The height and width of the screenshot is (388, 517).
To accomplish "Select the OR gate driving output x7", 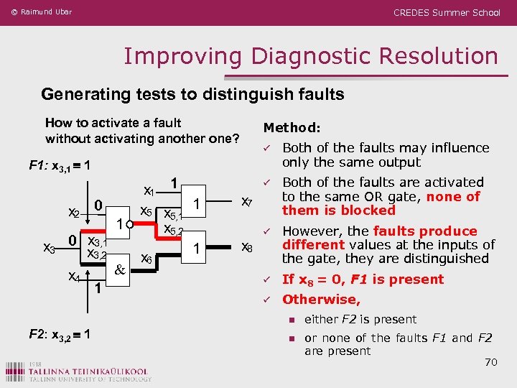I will tap(195, 203).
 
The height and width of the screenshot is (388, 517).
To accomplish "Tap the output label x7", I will tap(246, 203).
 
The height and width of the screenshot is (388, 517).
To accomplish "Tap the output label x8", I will tap(246, 249).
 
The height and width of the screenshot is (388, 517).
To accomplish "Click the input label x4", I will tap(73, 276).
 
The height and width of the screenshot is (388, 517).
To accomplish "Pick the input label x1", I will tap(150, 191).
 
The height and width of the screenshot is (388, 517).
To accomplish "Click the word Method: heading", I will tap(292, 128).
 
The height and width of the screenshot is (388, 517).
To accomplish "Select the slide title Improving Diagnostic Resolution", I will tap(311, 56).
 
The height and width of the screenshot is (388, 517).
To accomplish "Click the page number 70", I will tap(490, 362).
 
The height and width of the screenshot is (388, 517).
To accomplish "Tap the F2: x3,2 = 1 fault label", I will tap(59, 333).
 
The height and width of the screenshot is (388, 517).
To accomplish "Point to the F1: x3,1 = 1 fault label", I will tap(59, 165).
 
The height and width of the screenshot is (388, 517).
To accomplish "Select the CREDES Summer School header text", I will tap(447, 12).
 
